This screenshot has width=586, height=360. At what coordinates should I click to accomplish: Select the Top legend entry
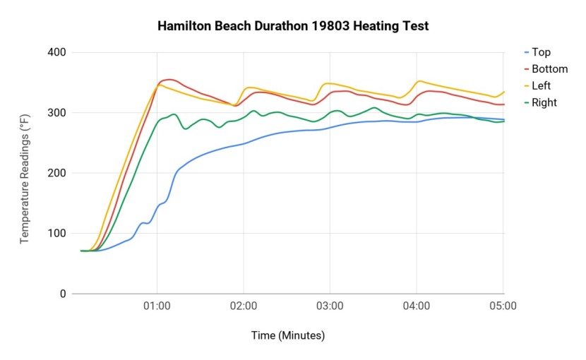pyautogui.click(x=541, y=52)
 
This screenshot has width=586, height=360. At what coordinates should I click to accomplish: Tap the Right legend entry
pyautogui.click(x=544, y=103)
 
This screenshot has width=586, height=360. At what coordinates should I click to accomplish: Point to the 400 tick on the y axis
pyautogui.click(x=57, y=52)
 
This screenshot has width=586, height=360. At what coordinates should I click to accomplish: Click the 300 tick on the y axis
pyautogui.click(x=57, y=113)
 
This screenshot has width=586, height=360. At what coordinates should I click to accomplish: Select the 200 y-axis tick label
pyautogui.click(x=57, y=173)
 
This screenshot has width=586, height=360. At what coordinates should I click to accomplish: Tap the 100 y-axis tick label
pyautogui.click(x=57, y=234)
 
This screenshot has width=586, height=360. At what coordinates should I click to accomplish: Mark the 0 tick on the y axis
pyautogui.click(x=63, y=294)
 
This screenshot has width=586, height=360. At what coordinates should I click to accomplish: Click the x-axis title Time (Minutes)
pyautogui.click(x=288, y=335)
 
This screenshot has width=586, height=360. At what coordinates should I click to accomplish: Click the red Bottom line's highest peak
pyautogui.click(x=169, y=80)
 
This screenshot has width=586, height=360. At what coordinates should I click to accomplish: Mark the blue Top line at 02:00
pyautogui.click(x=244, y=143)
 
